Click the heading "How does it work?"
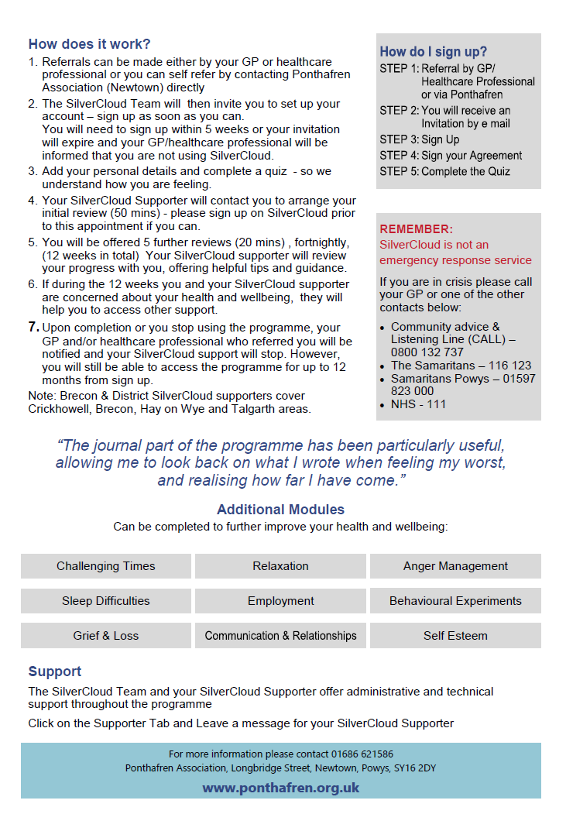click(x=90, y=44)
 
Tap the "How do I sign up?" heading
click(x=433, y=52)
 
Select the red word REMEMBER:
click(x=416, y=229)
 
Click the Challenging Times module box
click(x=106, y=566)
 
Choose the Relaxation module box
click(x=280, y=566)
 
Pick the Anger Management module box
click(x=455, y=566)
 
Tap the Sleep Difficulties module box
click(x=106, y=601)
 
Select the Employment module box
click(x=280, y=601)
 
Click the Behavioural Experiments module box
click(x=455, y=601)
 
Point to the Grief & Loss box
click(x=106, y=636)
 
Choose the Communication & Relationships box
click(x=280, y=636)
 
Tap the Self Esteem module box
click(x=455, y=636)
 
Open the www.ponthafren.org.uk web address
click(x=281, y=788)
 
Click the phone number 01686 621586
click(x=366, y=754)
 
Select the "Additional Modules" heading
click(x=280, y=510)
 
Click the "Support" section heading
click(x=55, y=671)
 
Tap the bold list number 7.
click(x=33, y=327)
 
